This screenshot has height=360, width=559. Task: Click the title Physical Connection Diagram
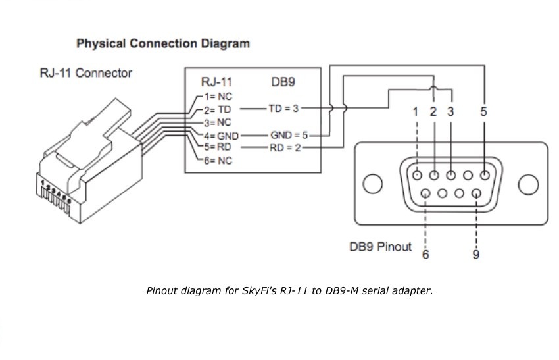[x=163, y=44]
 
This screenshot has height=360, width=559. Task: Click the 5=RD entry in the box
[x=218, y=147]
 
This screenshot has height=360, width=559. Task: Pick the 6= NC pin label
[x=218, y=161]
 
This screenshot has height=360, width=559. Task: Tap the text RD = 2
[x=285, y=147]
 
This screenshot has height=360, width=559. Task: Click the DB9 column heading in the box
[x=283, y=83]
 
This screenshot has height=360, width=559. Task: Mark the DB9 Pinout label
[x=380, y=247]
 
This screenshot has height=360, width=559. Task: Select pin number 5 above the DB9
[x=484, y=111]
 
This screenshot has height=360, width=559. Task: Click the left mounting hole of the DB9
[x=372, y=184]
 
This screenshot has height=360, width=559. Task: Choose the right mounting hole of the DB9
[x=529, y=184]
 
